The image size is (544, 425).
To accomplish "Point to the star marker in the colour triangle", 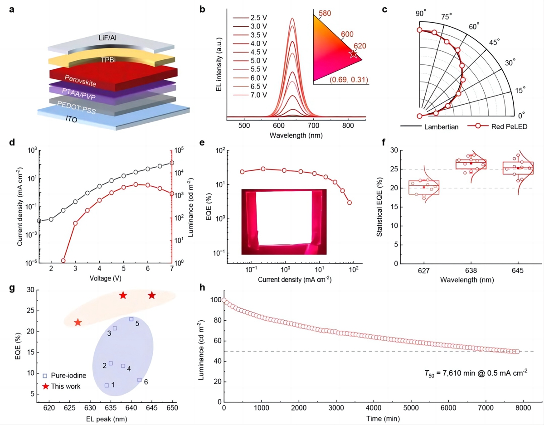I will coord(353,54).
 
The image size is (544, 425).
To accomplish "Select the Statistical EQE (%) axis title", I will coord(381,206).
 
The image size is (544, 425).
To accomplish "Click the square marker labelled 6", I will coord(140,380).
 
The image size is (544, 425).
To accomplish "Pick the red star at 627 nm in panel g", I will coord(78,322).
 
